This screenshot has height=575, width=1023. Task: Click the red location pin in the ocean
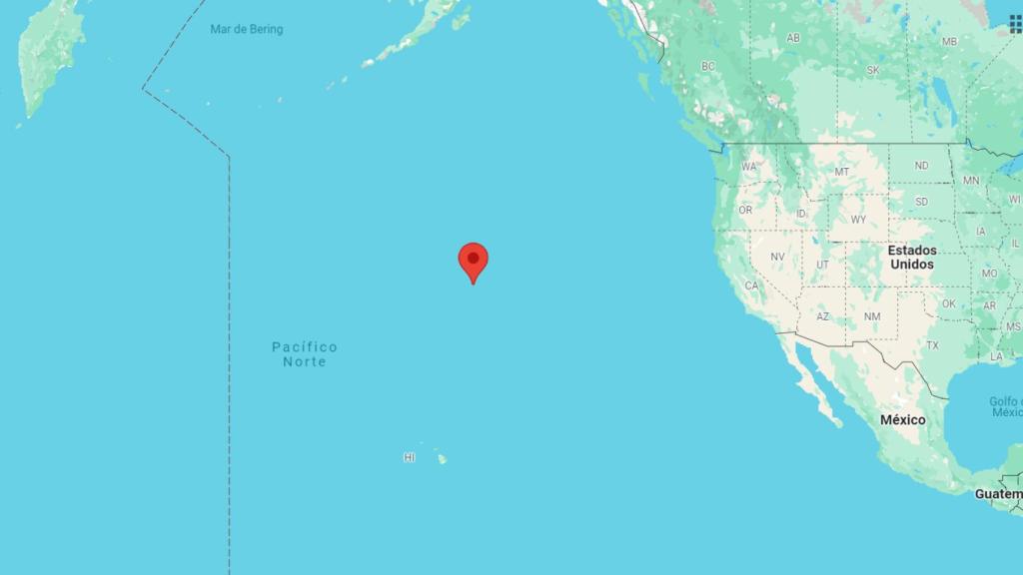(x=473, y=260)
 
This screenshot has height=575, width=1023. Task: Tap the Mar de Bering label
(x=246, y=29)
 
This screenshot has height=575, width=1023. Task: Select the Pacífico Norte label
(x=305, y=354)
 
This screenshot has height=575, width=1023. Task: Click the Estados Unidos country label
(x=911, y=258)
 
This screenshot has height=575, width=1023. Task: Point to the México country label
(x=902, y=420)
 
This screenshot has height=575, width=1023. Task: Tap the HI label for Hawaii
(x=410, y=457)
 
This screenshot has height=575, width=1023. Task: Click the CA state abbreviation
(x=752, y=286)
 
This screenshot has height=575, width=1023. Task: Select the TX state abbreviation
(x=932, y=345)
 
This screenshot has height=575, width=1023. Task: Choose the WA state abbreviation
(x=748, y=167)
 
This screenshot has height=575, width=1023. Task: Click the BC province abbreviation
(x=708, y=66)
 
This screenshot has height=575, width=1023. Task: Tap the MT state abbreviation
(x=841, y=172)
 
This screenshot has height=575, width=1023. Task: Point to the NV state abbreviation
(x=777, y=257)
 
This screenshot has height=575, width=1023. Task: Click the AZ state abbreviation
(x=822, y=316)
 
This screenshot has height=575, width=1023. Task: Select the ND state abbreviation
(x=921, y=166)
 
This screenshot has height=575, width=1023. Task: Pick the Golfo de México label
(x=1005, y=406)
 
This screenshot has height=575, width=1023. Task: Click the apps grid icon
(x=1015, y=24)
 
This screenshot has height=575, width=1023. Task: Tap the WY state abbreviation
(x=858, y=219)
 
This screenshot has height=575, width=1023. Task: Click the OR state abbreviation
(x=745, y=210)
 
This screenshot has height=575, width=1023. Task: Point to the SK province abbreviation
(x=872, y=70)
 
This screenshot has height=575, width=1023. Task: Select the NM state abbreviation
(x=872, y=316)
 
